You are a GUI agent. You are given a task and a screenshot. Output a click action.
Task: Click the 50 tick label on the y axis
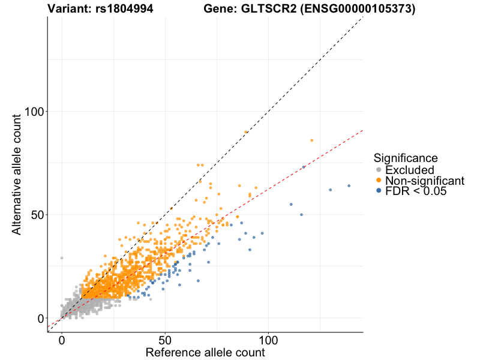tap(36, 215)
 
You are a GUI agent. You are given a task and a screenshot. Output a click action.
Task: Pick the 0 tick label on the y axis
tap(40, 318)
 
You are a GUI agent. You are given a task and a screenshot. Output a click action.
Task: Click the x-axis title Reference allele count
tap(205, 353)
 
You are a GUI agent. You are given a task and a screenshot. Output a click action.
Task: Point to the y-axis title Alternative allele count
tap(17, 174)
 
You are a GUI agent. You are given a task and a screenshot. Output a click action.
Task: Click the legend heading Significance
tap(405, 158)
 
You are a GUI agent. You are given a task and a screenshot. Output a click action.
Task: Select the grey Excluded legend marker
tap(379, 170)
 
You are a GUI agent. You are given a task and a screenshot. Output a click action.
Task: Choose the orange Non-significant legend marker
tap(379, 181)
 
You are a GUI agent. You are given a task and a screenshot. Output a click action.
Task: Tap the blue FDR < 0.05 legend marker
tap(379, 191)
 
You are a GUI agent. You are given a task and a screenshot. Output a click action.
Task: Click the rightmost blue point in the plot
tap(349, 186)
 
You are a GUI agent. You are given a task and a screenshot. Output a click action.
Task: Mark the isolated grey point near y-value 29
tap(62, 258)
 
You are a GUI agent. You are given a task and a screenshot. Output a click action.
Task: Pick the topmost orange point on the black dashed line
tap(246, 132)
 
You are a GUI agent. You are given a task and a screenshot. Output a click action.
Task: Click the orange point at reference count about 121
tap(311, 140)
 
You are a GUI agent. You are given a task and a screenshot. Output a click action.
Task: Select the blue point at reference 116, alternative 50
tap(301, 215)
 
